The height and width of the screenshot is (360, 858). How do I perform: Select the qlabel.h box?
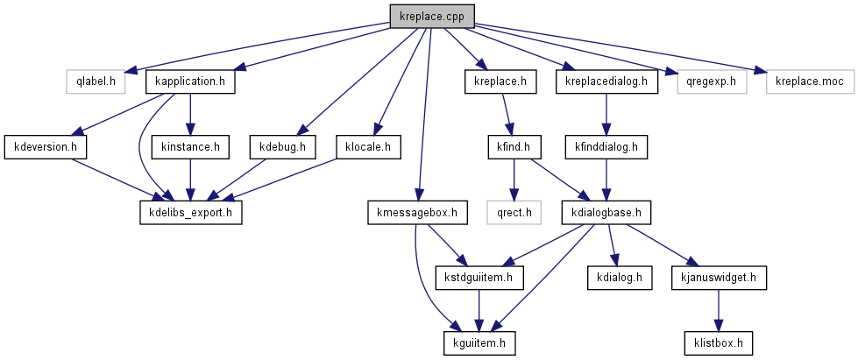(96, 82)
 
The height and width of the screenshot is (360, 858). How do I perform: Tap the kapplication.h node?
(190, 82)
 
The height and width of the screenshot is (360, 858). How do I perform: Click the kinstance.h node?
(190, 146)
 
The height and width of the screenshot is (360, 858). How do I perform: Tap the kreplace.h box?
(499, 82)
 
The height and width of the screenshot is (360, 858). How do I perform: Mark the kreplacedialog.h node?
(606, 82)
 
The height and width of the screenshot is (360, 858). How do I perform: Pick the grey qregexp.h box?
(713, 82)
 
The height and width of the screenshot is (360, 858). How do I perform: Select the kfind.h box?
(515, 146)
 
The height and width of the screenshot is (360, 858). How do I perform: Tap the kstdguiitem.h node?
(479, 278)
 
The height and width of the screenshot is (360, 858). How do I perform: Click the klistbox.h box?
(718, 342)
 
